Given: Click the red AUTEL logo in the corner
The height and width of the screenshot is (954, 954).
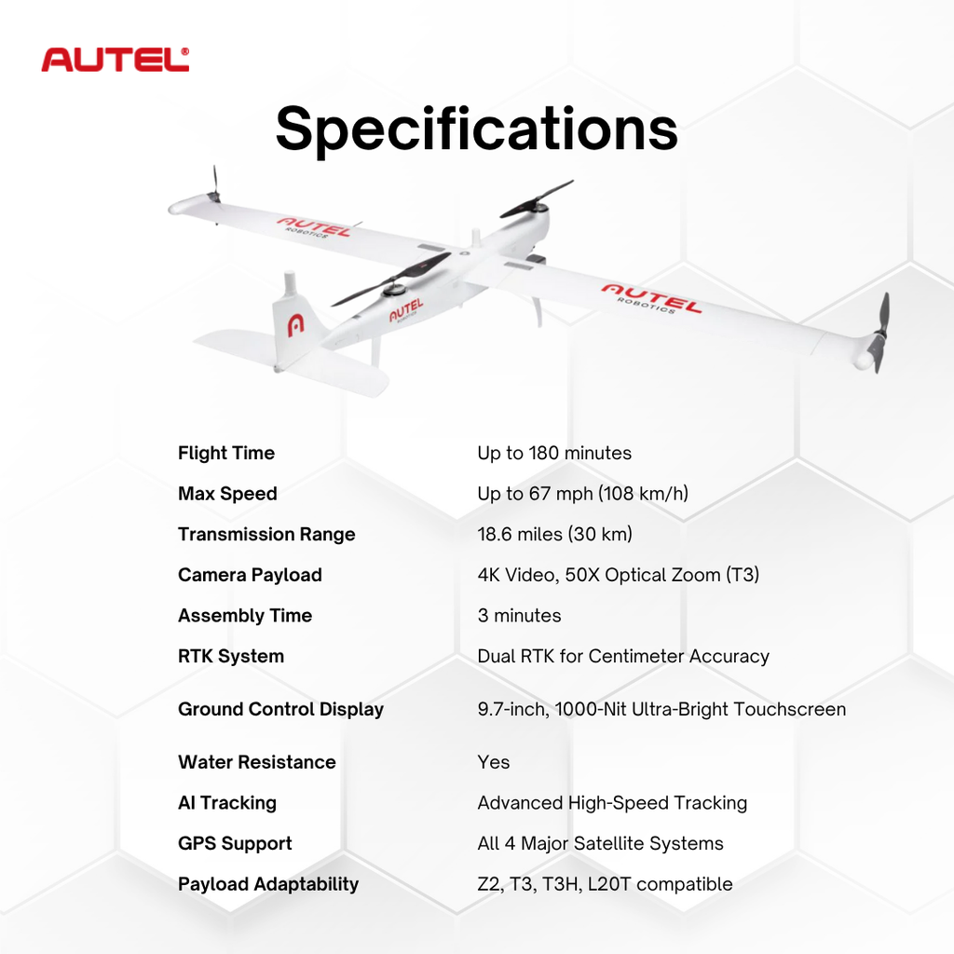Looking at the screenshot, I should click(116, 60).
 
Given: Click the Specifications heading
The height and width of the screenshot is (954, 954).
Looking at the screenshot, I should click(476, 129).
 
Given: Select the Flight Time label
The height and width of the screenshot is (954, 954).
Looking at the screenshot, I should click(226, 454).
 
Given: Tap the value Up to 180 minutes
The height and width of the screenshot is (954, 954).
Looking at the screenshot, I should click(554, 454).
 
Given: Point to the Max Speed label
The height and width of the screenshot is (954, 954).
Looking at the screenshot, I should click(227, 494).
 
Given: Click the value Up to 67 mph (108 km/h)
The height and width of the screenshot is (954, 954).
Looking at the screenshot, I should click(582, 494).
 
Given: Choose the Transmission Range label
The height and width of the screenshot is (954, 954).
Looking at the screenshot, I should click(266, 535).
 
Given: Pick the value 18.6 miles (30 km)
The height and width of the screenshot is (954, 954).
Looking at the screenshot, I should click(554, 535).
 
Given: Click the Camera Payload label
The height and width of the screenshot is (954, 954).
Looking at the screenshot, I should click(250, 575).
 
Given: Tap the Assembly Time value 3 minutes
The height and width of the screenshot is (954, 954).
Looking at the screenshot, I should click(519, 616).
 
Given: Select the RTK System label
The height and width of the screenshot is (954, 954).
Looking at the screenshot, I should click(231, 656).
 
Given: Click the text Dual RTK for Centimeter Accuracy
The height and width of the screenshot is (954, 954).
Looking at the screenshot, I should click(623, 656).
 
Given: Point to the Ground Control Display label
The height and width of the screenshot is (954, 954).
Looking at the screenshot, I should click(280, 709).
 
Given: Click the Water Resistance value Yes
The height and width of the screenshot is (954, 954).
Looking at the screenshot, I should click(494, 762).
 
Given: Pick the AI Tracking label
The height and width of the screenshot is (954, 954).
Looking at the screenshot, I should click(227, 803).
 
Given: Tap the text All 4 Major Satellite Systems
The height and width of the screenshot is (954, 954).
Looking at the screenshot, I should click(600, 843).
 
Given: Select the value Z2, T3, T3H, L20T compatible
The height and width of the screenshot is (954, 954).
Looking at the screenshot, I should click(605, 884).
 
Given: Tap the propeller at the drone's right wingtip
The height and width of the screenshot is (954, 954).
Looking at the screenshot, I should click(880, 331).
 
